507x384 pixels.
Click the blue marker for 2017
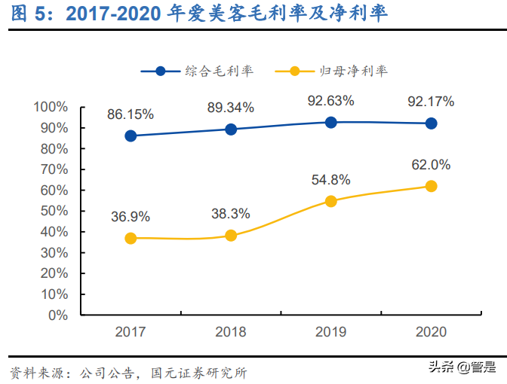click(131, 136)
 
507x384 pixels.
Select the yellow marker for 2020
click(431, 186)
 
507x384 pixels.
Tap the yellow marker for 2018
click(231, 236)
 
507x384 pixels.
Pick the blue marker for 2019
click(330, 122)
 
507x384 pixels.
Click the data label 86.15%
click(131, 115)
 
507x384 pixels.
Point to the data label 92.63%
click(330, 100)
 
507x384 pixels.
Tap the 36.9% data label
click(131, 217)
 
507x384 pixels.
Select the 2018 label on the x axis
click(231, 332)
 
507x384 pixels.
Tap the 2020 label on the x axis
click(431, 332)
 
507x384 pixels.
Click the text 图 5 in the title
click(23, 14)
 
